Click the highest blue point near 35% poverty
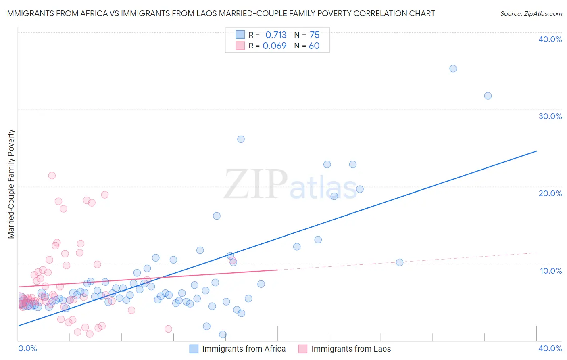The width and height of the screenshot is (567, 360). coord(453,69)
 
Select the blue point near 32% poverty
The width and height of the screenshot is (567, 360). coord(488,96)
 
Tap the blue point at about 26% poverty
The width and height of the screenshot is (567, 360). coord(241,139)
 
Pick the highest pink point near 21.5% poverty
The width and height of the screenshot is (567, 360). coord(52,176)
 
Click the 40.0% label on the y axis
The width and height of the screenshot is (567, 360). coord(550,39)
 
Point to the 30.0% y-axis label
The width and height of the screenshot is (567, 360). coord(550,116)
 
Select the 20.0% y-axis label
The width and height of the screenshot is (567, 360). coord(550,193)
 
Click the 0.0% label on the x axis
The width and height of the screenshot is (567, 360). coord(27,348)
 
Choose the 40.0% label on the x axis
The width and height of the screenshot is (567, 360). coord(550,348)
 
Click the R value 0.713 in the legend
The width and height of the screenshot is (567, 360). coord(276,35)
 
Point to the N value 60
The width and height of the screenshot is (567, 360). coord(314,46)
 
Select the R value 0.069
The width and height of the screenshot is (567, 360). coord(275,46)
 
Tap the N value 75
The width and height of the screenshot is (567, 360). coord(315,35)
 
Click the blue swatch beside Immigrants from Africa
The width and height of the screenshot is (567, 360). coord(194,349)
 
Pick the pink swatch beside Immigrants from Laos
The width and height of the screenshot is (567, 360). coord(303,349)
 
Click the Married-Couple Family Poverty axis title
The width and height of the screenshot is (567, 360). coord(11,184)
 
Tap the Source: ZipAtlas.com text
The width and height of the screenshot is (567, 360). coord(531,14)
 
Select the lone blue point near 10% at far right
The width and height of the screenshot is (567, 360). coord(400,262)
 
